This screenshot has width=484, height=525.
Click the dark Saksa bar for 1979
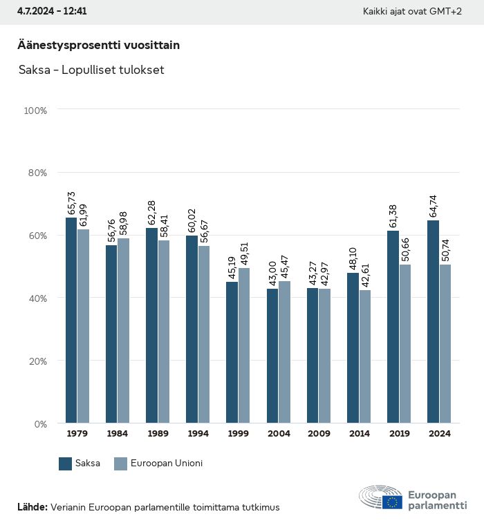coord(71,321)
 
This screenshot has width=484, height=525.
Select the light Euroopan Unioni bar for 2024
coord(445,344)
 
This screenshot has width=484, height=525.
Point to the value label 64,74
coord(434,207)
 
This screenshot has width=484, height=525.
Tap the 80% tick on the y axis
coord(35,173)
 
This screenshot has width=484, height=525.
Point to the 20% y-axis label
coord(35,361)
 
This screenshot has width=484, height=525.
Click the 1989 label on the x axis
coord(157,434)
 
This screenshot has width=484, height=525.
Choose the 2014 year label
coord(359,434)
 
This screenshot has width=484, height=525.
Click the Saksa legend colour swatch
coord(66,464)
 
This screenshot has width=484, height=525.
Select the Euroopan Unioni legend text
coord(166,464)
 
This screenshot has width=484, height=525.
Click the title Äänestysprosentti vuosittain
coord(98,45)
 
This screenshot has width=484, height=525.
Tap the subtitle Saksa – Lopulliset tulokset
coord(91,70)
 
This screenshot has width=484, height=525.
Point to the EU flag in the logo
coord(393,502)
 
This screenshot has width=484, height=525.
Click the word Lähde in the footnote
coord(32,507)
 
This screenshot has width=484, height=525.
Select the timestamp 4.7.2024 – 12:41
coord(52,12)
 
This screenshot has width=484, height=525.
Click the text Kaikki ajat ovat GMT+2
coord(412,12)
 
